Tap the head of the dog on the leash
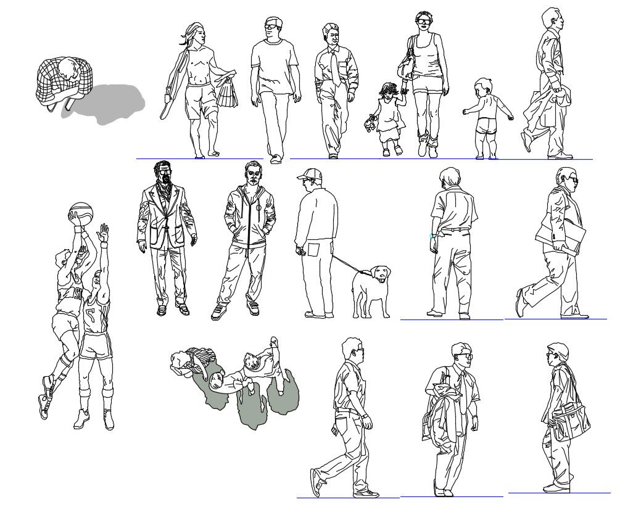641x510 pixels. pos(381,273)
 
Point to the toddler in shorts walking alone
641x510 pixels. pos(487,117)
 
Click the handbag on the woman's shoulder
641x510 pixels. pos(407,64)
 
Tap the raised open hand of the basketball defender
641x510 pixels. pos(104,233)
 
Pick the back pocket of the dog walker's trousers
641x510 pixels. pos(313,250)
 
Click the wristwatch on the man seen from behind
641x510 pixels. pos(432,236)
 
